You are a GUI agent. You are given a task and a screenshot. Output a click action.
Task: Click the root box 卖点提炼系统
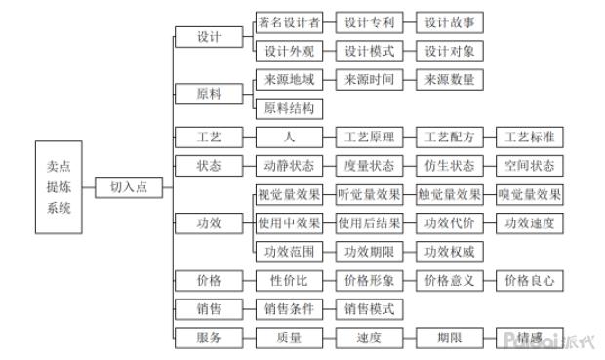tap(59, 187)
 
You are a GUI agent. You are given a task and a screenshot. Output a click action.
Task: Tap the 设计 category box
tap(207, 37)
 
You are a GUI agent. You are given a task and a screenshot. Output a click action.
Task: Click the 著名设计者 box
tap(288, 21)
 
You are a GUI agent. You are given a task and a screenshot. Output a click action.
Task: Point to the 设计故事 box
tap(449, 21)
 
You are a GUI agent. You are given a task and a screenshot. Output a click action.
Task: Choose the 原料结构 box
tap(288, 107)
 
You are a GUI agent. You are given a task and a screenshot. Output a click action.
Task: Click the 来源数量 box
tap(449, 79)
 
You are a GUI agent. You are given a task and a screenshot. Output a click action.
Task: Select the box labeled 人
tap(288, 137)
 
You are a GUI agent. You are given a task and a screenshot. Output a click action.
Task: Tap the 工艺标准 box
tap(529, 137)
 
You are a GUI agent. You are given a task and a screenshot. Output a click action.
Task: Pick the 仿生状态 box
tap(449, 165)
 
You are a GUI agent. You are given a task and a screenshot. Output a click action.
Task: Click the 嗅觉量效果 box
tap(529, 194)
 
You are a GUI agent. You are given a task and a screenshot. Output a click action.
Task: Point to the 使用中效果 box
tap(288, 222)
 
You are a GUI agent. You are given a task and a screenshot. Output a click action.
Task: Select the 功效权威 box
tap(449, 251)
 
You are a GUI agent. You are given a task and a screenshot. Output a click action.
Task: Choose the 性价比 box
tap(288, 280)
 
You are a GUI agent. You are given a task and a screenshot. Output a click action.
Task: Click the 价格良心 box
tap(529, 280)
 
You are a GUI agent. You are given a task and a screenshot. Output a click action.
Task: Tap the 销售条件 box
tap(288, 308)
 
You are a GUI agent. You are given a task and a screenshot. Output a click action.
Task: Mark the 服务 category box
tap(207, 338)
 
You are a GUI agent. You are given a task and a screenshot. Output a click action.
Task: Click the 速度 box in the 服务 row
tap(369, 338)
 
